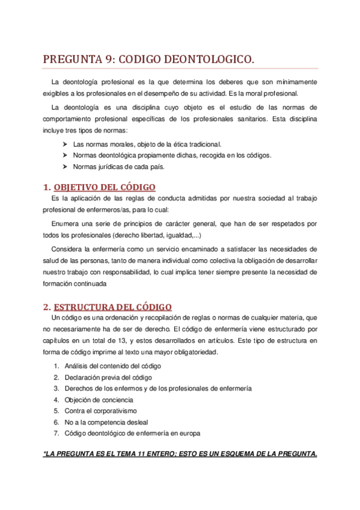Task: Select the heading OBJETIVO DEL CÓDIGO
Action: click(x=105, y=187)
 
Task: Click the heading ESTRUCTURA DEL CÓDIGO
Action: click(x=113, y=307)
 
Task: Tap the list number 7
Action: click(x=55, y=433)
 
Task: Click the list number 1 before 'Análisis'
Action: click(x=55, y=366)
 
